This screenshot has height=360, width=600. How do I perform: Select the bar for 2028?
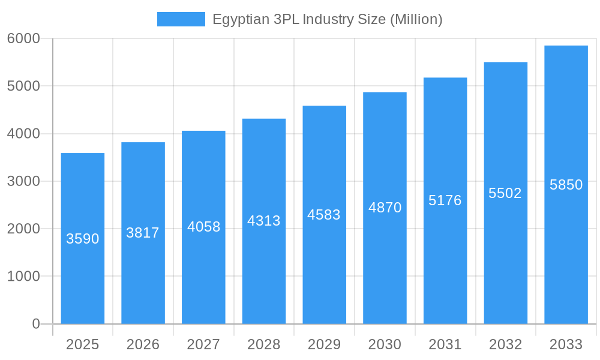pyautogui.click(x=264, y=270)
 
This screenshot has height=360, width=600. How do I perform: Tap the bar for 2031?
pyautogui.click(x=445, y=258)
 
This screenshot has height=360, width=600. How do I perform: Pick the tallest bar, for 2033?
pyautogui.click(x=566, y=252)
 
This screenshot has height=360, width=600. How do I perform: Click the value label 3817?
pyautogui.click(x=143, y=233)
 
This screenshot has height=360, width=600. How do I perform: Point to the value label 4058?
pyautogui.click(x=204, y=227)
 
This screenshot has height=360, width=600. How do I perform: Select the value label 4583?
pyautogui.click(x=324, y=215)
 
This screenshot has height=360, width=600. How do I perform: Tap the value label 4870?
pyautogui.click(x=385, y=208)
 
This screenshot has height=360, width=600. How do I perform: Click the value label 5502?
pyautogui.click(x=505, y=193)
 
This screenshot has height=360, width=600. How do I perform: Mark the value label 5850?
pyautogui.click(x=566, y=185)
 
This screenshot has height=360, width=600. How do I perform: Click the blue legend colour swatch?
pyautogui.click(x=181, y=19)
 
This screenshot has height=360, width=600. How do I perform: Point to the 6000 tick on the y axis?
pyautogui.click(x=23, y=38)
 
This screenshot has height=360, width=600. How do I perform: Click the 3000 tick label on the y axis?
pyautogui.click(x=23, y=181)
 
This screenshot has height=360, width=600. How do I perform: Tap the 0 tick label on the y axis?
pyautogui.click(x=35, y=324)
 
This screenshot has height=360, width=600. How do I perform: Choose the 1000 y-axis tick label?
pyautogui.click(x=23, y=277)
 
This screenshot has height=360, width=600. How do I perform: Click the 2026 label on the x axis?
pyautogui.click(x=143, y=344)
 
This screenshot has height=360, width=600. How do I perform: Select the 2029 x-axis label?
pyautogui.click(x=324, y=344)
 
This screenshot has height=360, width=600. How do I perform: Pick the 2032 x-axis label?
pyautogui.click(x=505, y=344)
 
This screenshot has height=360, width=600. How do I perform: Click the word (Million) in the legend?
pyautogui.click(x=416, y=19)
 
